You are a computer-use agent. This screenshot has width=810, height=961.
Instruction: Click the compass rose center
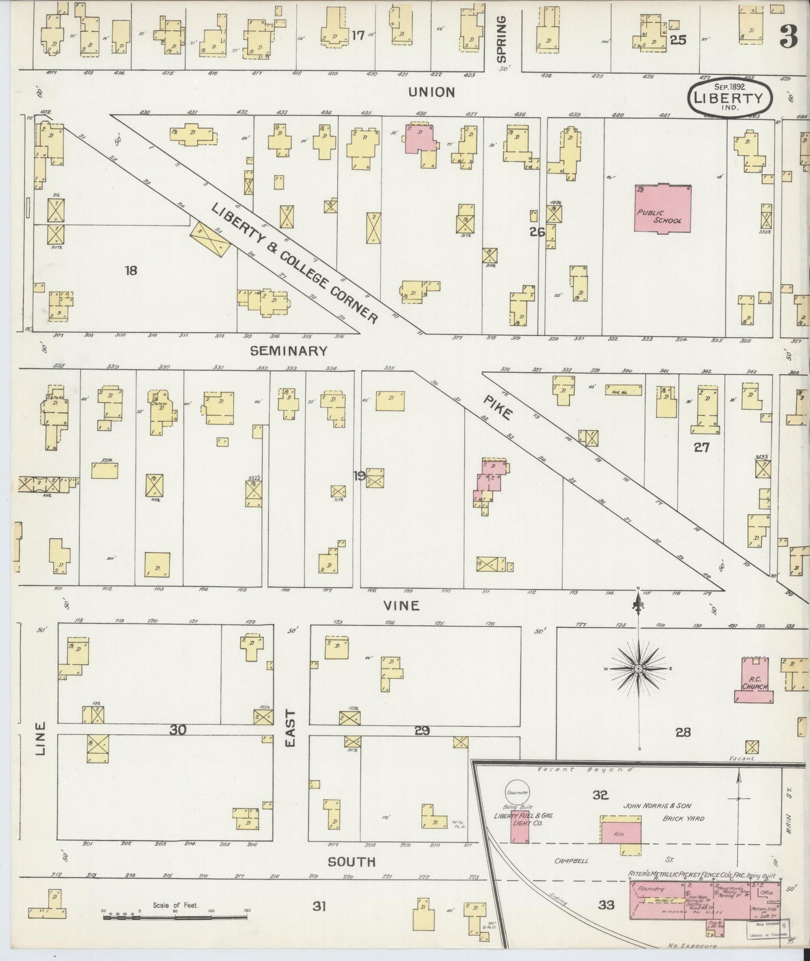(x=638, y=670)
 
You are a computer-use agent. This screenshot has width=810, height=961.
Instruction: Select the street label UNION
(x=431, y=92)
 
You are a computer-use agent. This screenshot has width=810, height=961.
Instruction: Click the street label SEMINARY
(x=288, y=351)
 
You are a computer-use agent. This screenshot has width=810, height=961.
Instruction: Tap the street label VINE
(x=401, y=606)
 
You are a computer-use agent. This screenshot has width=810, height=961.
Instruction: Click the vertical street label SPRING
(x=501, y=39)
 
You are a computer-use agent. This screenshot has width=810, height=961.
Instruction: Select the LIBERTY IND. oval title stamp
(x=729, y=96)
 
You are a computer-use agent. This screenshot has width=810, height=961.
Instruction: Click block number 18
(x=131, y=271)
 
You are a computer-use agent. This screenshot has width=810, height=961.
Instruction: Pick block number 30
(x=178, y=729)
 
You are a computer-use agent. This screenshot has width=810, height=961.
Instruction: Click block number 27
(x=701, y=447)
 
